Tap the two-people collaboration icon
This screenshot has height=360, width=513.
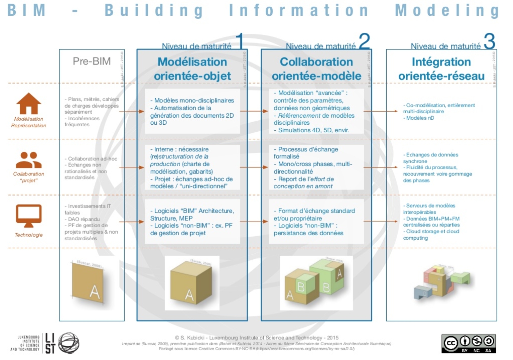point(29,160)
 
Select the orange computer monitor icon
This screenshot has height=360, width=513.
point(29,216)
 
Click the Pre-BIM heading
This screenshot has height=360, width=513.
point(92,61)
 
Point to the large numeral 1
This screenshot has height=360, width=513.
point(239,41)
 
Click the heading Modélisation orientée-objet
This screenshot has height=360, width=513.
point(192,69)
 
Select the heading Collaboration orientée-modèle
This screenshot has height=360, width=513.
point(316,69)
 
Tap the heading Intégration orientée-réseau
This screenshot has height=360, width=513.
point(441,69)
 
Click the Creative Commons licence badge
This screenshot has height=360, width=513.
point(469,343)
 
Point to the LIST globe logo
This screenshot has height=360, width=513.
point(69,343)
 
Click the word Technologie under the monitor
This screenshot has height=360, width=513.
point(29,235)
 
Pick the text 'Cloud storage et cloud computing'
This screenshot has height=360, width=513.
point(431,235)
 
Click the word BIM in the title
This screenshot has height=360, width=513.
point(26,10)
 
